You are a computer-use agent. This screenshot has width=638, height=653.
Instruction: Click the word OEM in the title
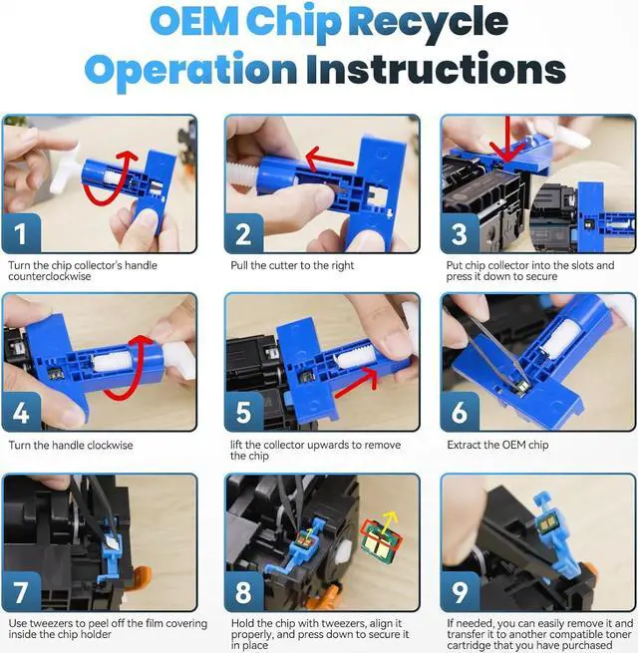[194, 22]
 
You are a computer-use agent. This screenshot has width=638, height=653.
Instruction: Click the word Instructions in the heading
[436, 69]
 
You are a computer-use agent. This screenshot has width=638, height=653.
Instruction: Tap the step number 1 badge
[21, 233]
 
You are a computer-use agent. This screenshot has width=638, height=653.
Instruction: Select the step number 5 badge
[243, 413]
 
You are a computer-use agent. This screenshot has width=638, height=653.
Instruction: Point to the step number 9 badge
[460, 592]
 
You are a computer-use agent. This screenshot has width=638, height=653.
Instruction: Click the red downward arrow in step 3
[507, 140]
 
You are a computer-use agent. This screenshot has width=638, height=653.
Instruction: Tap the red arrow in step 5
[356, 383]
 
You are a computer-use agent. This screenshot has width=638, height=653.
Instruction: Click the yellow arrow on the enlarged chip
[390, 524]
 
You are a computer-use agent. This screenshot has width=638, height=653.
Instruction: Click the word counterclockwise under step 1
[50, 276]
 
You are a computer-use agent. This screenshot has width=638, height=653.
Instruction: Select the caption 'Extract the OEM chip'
[497, 445]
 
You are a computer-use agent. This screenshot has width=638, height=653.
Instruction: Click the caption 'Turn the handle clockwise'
[71, 445]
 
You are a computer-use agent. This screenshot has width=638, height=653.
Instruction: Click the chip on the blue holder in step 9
[544, 524]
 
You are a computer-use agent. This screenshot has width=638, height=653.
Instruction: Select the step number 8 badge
[243, 592]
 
